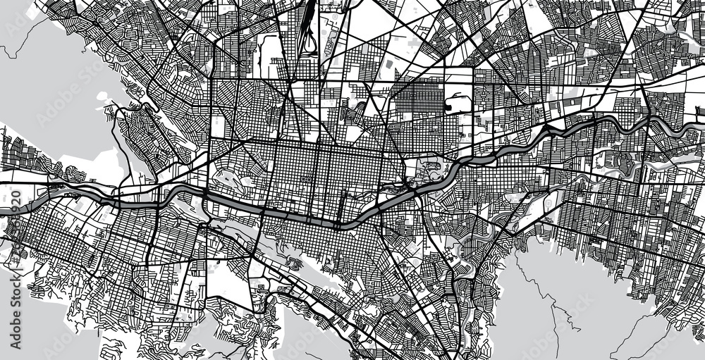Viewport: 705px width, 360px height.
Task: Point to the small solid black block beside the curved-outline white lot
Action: coord(448,107)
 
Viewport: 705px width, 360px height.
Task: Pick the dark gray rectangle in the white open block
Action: coord(388,64)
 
